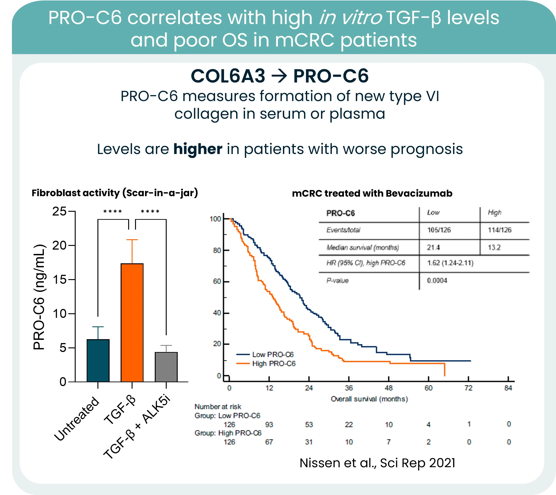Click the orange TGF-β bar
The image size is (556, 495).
tap(132, 322)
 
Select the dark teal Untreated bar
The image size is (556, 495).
tap(98, 360)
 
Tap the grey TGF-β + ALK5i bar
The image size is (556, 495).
tap(166, 367)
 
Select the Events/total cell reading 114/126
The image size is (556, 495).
tap(499, 230)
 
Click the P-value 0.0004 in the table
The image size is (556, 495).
tap(437, 281)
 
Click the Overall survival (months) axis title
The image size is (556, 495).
tap(369, 399)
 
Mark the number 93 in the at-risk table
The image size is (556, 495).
tap(269, 425)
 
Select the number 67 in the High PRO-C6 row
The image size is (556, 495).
tap(269, 442)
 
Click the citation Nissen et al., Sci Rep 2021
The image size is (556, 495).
tap(377, 463)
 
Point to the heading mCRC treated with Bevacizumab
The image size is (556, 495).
tap(372, 193)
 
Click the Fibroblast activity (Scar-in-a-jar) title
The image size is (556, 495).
tap(115, 193)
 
